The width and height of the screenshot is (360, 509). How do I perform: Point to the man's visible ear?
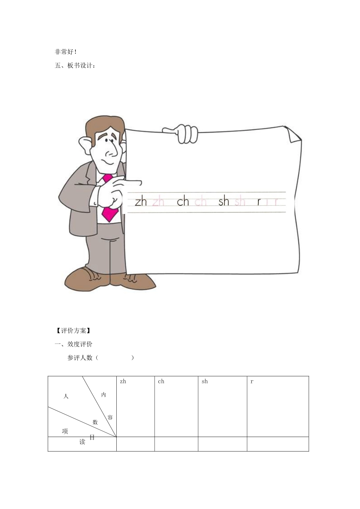86,144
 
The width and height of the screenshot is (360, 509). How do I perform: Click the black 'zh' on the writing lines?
141,202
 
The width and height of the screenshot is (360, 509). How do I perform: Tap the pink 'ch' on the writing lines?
200,202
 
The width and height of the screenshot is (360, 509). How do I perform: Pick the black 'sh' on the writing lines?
224,201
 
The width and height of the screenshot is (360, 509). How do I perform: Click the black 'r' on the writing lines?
259,202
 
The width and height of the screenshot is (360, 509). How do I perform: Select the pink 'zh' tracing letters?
158,202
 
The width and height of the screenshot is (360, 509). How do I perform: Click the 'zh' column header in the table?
123,381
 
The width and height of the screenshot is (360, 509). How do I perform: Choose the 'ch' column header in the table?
161,381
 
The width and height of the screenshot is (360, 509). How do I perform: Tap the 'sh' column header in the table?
205,381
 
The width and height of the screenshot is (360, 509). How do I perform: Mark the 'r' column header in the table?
252,381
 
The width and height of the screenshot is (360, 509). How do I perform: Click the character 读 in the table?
82,442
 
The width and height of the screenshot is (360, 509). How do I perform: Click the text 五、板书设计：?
76,66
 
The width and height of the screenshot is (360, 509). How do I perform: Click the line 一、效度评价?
74,344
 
